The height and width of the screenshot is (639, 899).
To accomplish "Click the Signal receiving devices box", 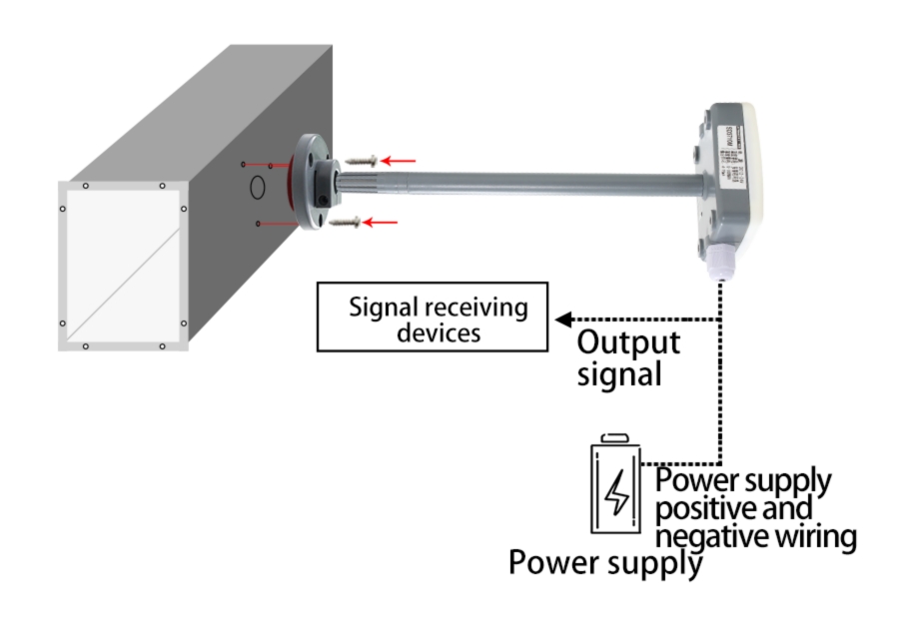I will pyautogui.click(x=432, y=319).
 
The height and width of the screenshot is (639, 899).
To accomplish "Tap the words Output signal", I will pyautogui.click(x=628, y=357).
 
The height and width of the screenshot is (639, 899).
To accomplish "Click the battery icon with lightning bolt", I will pyautogui.click(x=617, y=488).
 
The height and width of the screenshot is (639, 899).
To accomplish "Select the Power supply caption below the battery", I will pyautogui.click(x=604, y=562).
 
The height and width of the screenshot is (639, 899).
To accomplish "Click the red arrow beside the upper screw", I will pyautogui.click(x=401, y=159).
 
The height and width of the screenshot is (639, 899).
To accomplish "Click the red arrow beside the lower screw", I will pyautogui.click(x=384, y=222).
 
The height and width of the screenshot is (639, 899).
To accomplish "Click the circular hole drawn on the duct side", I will pyautogui.click(x=257, y=186).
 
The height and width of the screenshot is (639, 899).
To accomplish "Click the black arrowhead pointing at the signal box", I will pyautogui.click(x=563, y=319).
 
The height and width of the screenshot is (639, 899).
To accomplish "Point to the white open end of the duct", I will pyautogui.click(x=122, y=266).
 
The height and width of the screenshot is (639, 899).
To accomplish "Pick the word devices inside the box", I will pyautogui.click(x=439, y=332).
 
